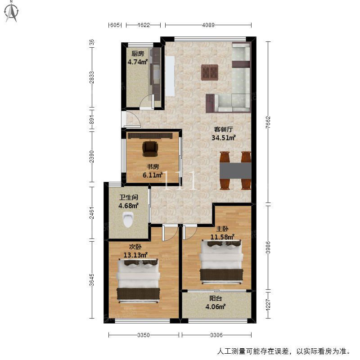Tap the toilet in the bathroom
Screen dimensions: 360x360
(x=128, y=219)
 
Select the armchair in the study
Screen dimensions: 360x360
(x=150, y=149)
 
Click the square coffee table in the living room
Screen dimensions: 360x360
(x=209, y=72)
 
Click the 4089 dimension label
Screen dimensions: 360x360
(x=208, y=25)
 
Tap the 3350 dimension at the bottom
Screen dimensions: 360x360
(x=144, y=335)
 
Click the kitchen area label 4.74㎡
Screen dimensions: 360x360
(x=138, y=62)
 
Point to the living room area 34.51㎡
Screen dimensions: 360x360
(x=224, y=138)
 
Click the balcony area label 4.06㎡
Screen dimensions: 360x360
(x=216, y=306)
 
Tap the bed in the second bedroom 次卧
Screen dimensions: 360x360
(x=138, y=281)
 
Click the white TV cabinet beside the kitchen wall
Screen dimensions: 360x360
(x=170, y=76)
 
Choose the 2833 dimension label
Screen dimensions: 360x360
(x=92, y=77)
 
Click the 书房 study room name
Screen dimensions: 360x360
(x=153, y=166)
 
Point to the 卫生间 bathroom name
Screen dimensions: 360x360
(x=129, y=197)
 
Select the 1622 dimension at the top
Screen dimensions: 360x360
(x=144, y=25)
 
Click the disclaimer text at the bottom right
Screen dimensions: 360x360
(x=284, y=351)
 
